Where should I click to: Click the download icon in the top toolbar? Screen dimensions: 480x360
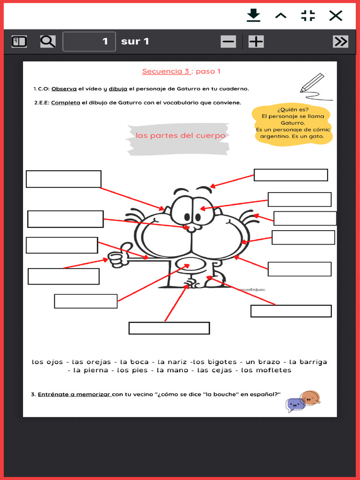point(254,16)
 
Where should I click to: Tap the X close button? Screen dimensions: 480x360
point(336,16)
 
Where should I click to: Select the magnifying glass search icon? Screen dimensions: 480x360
point(47,41)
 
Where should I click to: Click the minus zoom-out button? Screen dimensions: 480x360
point(228,42)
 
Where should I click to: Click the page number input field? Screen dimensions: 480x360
point(89,41)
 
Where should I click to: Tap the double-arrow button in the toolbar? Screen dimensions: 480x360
point(340,42)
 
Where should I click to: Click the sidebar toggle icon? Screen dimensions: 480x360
point(19,41)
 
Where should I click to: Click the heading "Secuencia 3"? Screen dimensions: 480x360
point(166,71)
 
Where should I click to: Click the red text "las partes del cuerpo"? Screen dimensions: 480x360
point(180,135)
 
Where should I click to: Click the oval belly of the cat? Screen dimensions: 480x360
point(189,265)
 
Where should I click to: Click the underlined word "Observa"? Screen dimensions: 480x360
point(64,89)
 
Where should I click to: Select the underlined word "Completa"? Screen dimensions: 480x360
point(65,103)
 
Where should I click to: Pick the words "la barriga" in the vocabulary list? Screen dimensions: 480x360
point(308,362)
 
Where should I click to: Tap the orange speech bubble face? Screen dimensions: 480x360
point(310,397)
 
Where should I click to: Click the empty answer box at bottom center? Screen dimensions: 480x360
point(169,328)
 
